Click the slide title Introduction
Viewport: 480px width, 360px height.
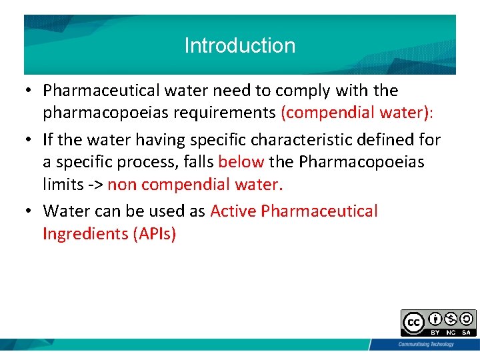239,45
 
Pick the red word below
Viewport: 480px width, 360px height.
241,162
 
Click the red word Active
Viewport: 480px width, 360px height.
233,211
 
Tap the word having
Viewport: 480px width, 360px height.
162,139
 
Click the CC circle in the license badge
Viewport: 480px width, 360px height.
413,323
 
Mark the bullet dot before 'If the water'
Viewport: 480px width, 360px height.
30,139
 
